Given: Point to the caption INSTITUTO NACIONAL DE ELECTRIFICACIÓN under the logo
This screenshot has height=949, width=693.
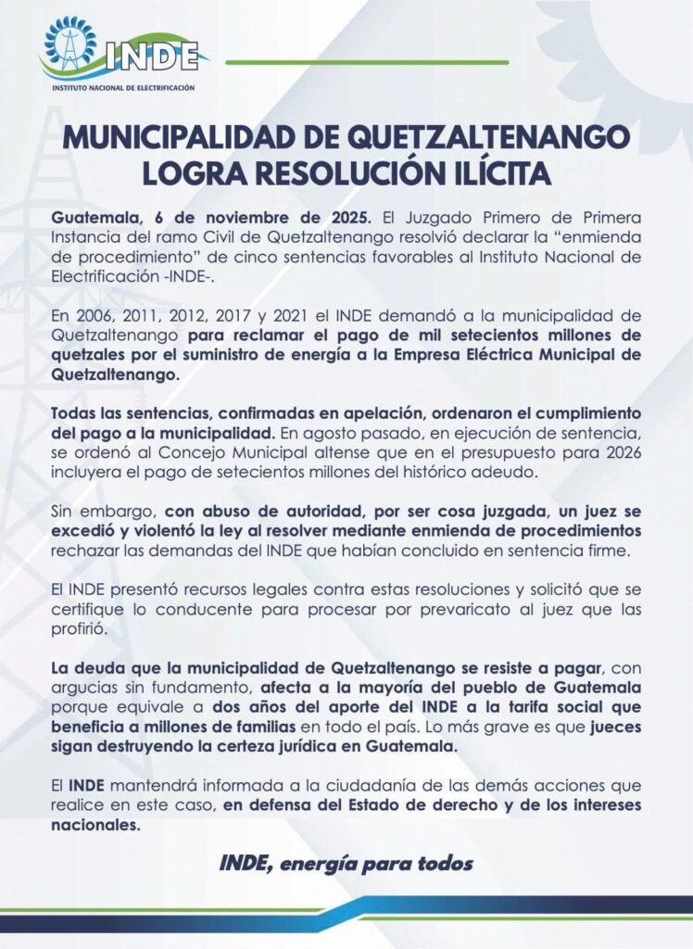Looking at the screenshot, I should tap(124, 86).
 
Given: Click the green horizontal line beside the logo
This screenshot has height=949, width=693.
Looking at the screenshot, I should tap(367, 62).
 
